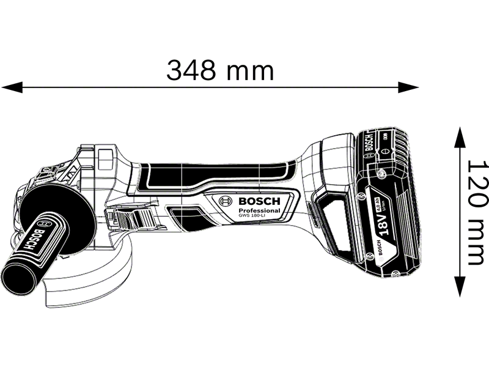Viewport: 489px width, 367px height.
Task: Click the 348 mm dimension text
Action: click(x=221, y=71)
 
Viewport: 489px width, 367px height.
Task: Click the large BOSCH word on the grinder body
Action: click(x=259, y=201)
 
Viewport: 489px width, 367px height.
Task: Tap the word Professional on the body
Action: click(x=260, y=210)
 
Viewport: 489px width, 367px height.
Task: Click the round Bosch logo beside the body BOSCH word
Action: click(x=226, y=201)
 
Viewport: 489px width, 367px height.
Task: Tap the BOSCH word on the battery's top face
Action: click(x=369, y=142)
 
